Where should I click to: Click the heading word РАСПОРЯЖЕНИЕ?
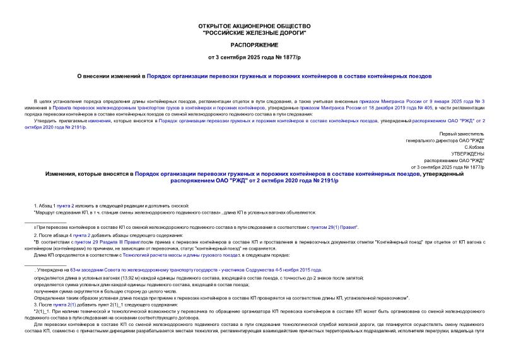tap(254, 47)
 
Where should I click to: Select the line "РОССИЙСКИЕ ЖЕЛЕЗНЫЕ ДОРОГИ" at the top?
tap(254, 32)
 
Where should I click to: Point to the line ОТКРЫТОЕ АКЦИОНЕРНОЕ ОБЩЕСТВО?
tap(254, 26)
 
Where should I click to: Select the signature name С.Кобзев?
tap(471, 147)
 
